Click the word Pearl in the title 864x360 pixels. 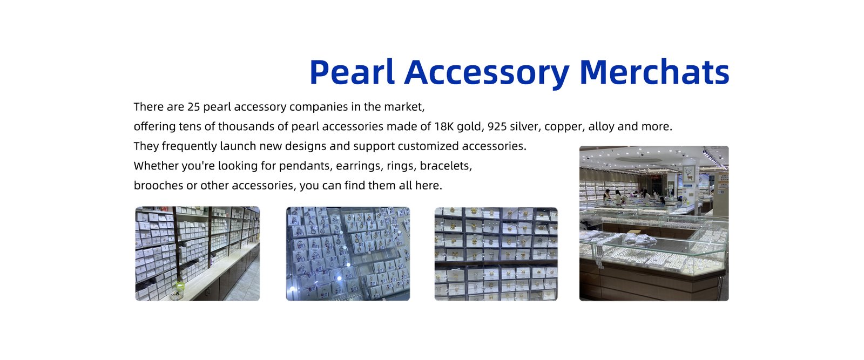pyautogui.click(x=352, y=72)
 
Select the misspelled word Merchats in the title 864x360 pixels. pyautogui.click(x=654, y=72)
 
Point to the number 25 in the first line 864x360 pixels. pyautogui.click(x=194, y=107)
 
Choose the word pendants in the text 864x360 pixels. pyautogui.click(x=306, y=166)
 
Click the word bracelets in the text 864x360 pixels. pyautogui.click(x=446, y=166)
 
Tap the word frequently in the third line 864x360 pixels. pyautogui.click(x=189, y=147)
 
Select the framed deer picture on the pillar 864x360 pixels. pyautogui.click(x=689, y=174)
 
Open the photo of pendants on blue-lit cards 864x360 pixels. pyautogui.click(x=348, y=254)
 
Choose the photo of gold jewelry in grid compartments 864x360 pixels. pyautogui.click(x=496, y=254)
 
